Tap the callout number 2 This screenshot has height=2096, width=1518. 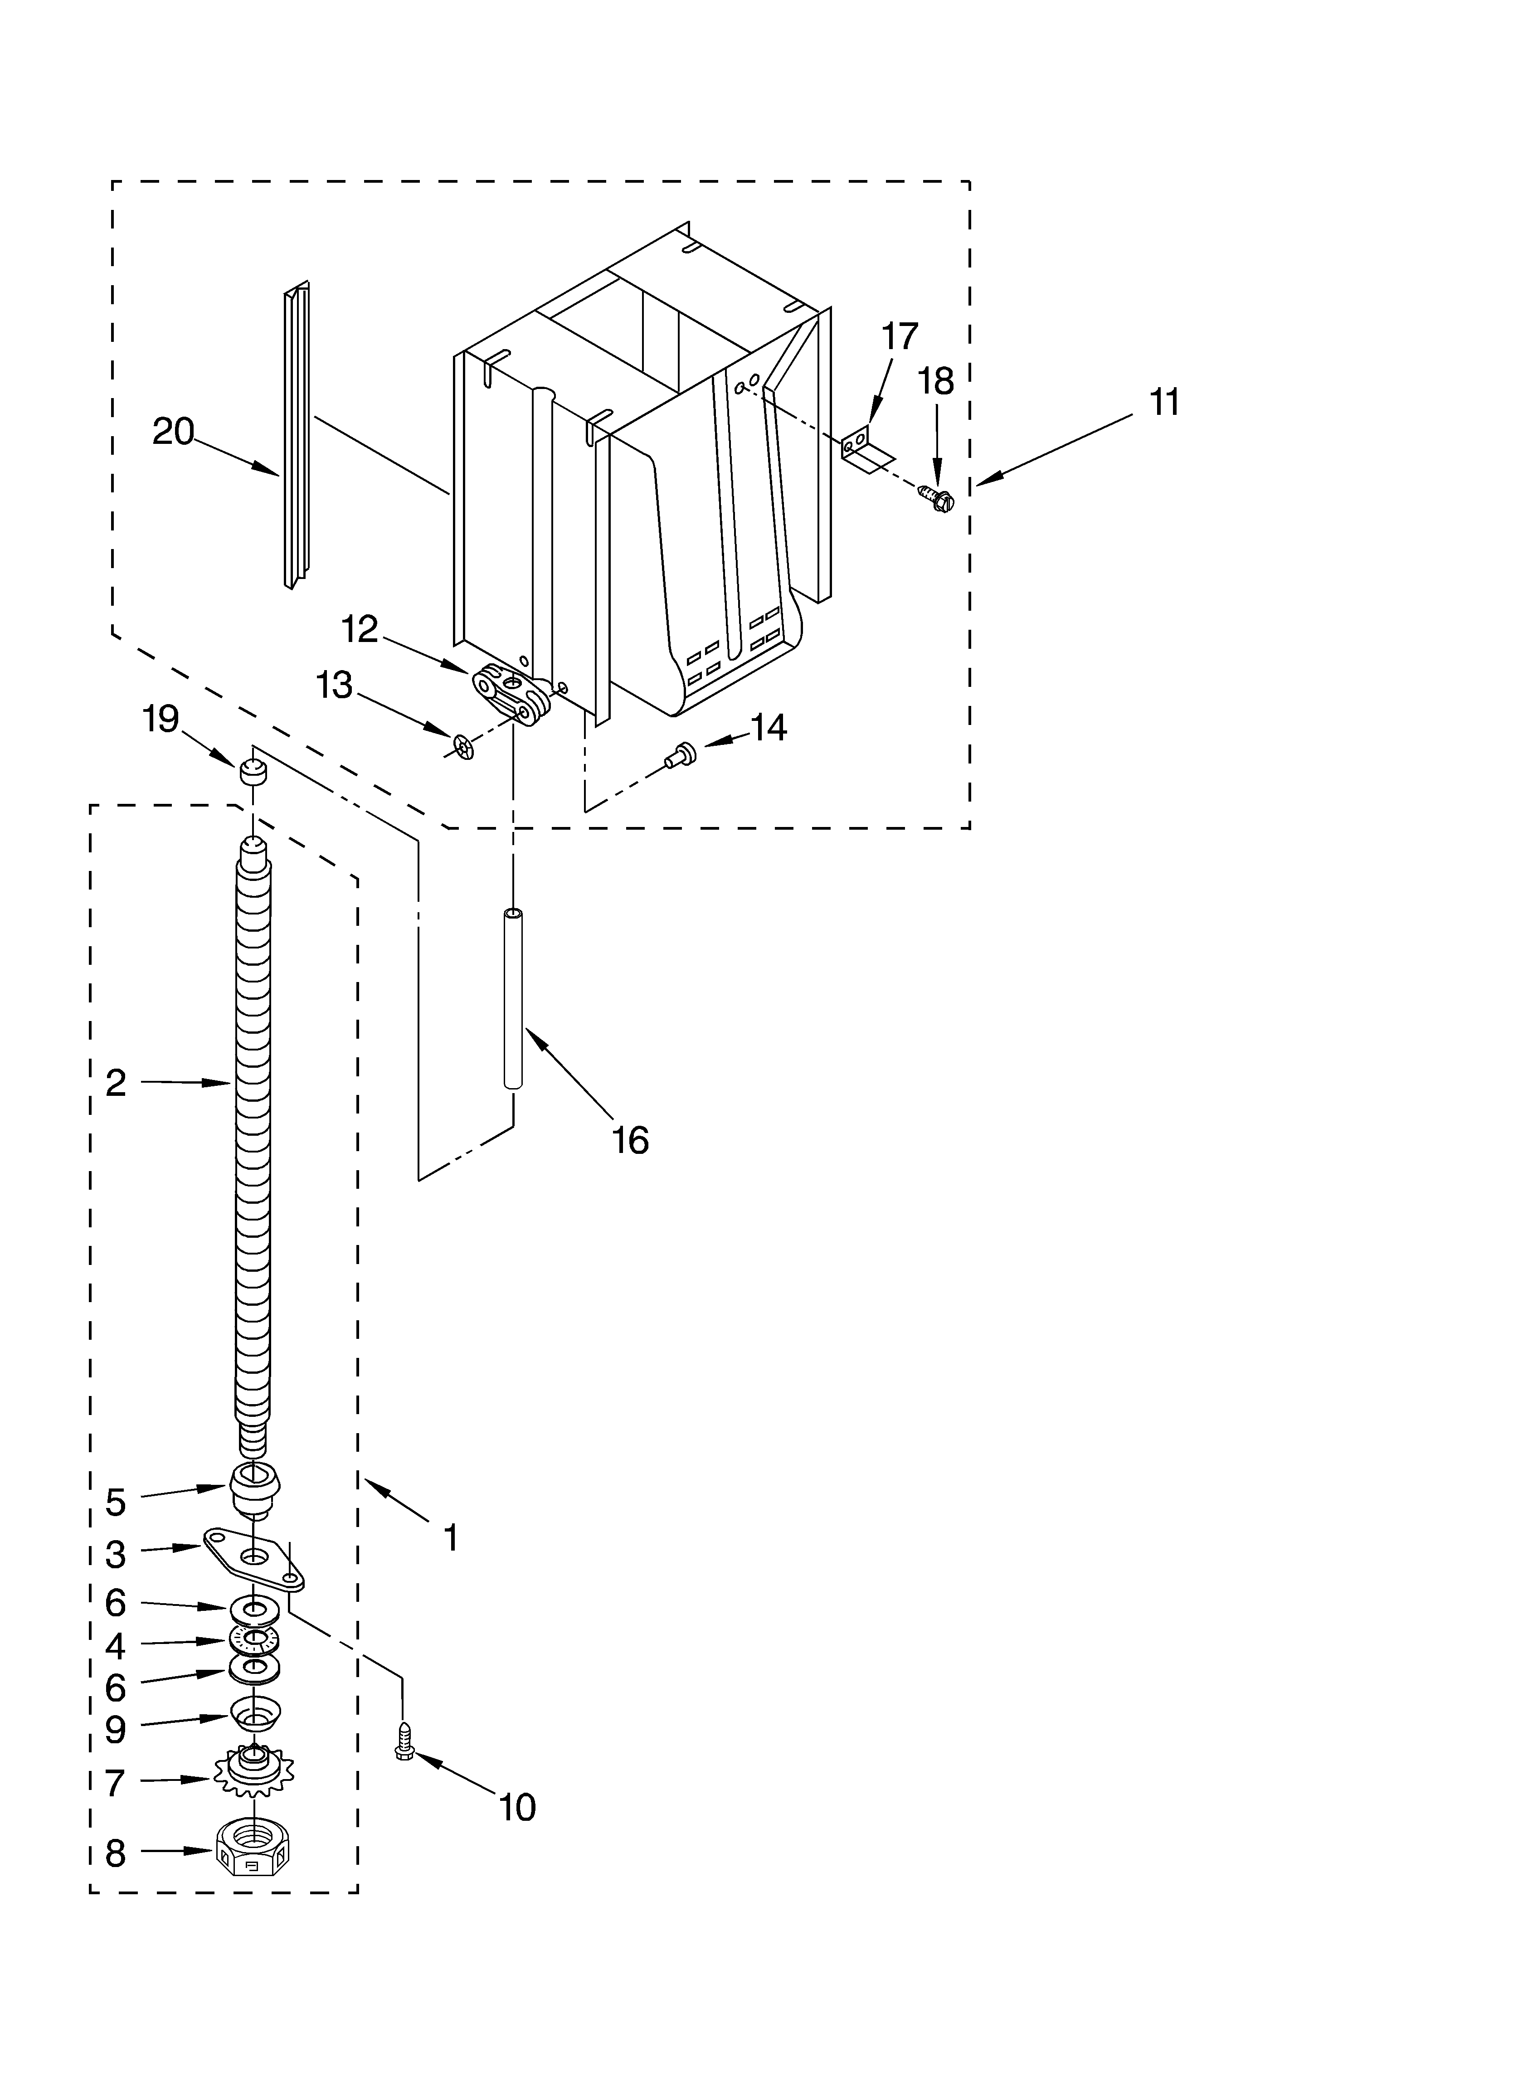click(x=116, y=1082)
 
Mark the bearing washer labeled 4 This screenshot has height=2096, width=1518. click(x=254, y=1639)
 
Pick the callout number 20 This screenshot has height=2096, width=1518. click(x=173, y=432)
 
